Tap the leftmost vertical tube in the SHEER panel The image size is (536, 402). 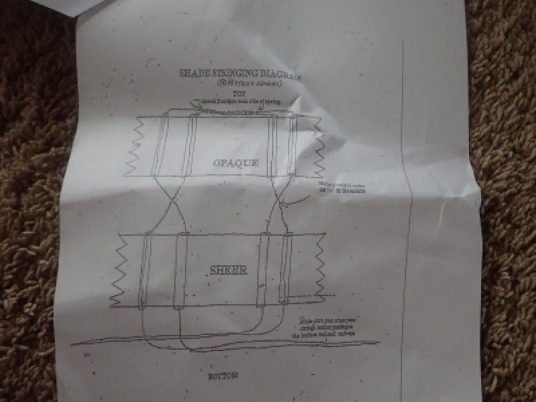[x=145, y=271]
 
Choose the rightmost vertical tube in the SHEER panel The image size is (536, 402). [x=287, y=268]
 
